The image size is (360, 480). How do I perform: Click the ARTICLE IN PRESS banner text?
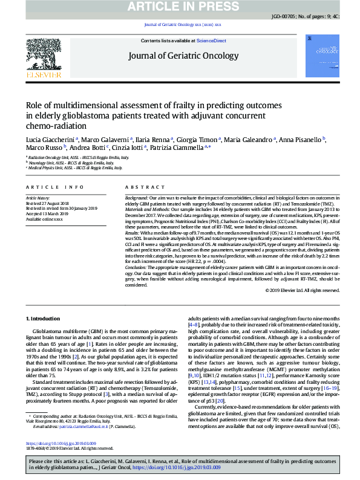point(180,7)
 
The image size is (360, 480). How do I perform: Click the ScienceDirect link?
point(211,41)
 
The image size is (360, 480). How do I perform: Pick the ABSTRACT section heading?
point(141,188)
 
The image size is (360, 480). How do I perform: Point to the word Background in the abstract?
point(137,198)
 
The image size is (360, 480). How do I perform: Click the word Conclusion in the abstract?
point(138,266)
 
